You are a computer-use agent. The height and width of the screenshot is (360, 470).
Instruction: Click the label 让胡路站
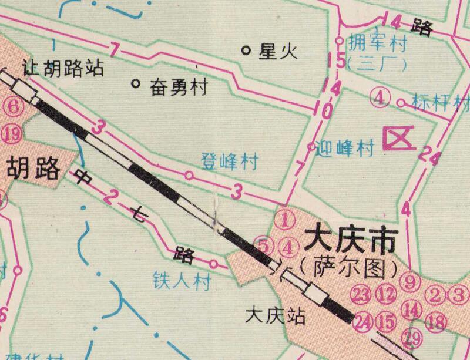(x=63, y=68)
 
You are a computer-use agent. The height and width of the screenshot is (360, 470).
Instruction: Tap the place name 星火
(x=278, y=52)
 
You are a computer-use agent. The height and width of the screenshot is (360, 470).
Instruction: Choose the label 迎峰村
(x=345, y=149)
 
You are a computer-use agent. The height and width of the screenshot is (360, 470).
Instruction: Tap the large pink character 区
(x=395, y=140)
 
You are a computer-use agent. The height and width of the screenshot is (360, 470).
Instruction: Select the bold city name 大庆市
(x=349, y=241)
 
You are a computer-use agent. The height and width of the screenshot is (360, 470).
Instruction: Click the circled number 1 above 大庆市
(x=284, y=220)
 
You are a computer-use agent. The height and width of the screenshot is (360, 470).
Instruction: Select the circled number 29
(x=413, y=338)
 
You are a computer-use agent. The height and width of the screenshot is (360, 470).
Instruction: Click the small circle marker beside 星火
(x=247, y=50)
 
